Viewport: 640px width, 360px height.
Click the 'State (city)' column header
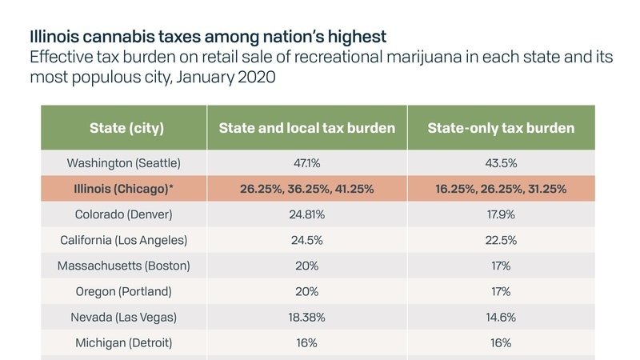click(x=123, y=128)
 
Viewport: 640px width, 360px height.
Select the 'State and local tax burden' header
click(x=307, y=128)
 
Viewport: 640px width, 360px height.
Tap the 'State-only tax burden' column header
click(x=501, y=128)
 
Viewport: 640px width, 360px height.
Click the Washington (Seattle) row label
click(x=123, y=162)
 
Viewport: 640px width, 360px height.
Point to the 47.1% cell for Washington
click(x=307, y=162)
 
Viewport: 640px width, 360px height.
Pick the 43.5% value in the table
click(x=501, y=162)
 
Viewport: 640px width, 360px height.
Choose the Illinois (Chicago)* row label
click(x=123, y=189)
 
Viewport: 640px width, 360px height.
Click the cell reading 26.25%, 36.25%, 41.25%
click(x=307, y=189)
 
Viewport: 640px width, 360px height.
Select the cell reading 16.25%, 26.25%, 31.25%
click(x=501, y=189)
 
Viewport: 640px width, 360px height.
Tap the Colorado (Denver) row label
click(x=123, y=214)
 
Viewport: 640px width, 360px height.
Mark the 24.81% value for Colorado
click(x=307, y=214)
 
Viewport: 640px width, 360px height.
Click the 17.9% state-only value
click(x=501, y=214)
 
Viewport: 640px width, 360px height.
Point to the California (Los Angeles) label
click(x=123, y=240)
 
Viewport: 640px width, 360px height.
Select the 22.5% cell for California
click(x=501, y=240)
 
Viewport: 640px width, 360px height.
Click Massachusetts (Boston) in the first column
click(x=123, y=266)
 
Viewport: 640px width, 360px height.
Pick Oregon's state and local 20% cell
click(x=307, y=291)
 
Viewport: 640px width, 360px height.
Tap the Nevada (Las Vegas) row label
click(x=123, y=317)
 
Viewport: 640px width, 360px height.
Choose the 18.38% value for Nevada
click(x=307, y=317)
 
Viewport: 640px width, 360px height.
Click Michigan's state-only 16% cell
click(x=501, y=342)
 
